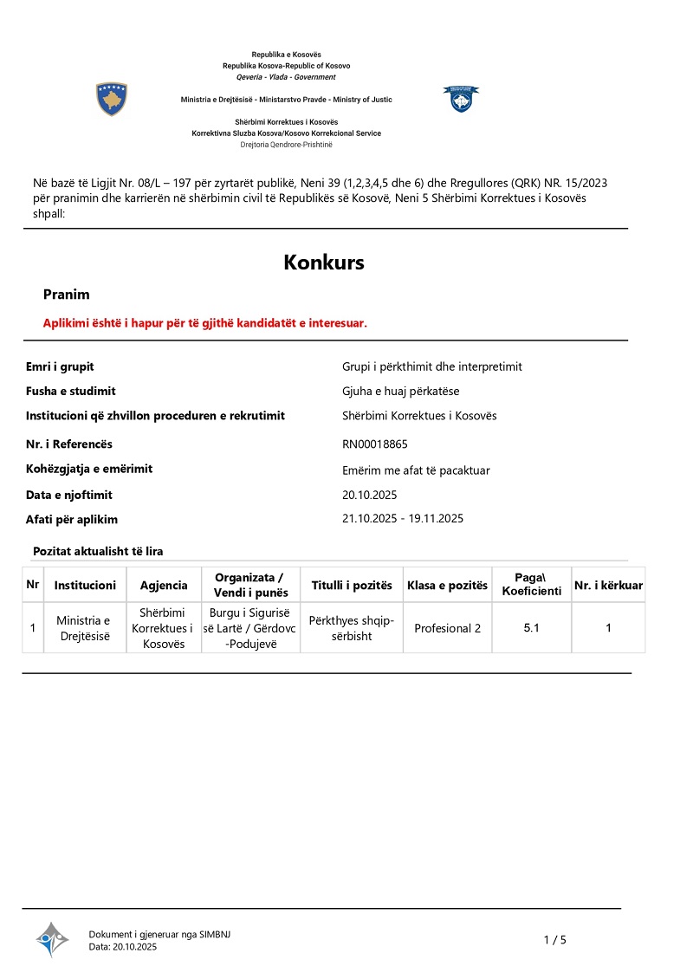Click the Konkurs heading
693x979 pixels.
click(324, 263)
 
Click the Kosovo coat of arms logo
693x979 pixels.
click(112, 100)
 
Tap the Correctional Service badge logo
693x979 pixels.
click(460, 98)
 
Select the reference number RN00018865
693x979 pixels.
click(375, 444)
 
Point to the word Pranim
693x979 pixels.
click(67, 295)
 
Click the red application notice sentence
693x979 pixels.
click(205, 323)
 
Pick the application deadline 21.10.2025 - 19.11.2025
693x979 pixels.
click(404, 518)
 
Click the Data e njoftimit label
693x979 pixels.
click(69, 495)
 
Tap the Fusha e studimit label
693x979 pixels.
click(71, 391)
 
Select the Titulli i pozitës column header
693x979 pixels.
click(352, 586)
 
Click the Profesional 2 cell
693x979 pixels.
click(447, 628)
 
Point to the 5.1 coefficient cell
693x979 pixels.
click(531, 628)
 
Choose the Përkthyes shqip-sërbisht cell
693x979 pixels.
click(352, 628)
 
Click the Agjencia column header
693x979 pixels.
click(164, 586)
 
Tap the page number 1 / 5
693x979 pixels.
click(554, 940)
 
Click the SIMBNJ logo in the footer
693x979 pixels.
click(52, 939)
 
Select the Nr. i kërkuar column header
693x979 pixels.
click(608, 586)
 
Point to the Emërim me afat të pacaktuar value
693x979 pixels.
click(417, 470)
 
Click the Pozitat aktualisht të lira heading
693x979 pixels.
click(98, 551)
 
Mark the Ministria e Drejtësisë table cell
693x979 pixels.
click(83, 628)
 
